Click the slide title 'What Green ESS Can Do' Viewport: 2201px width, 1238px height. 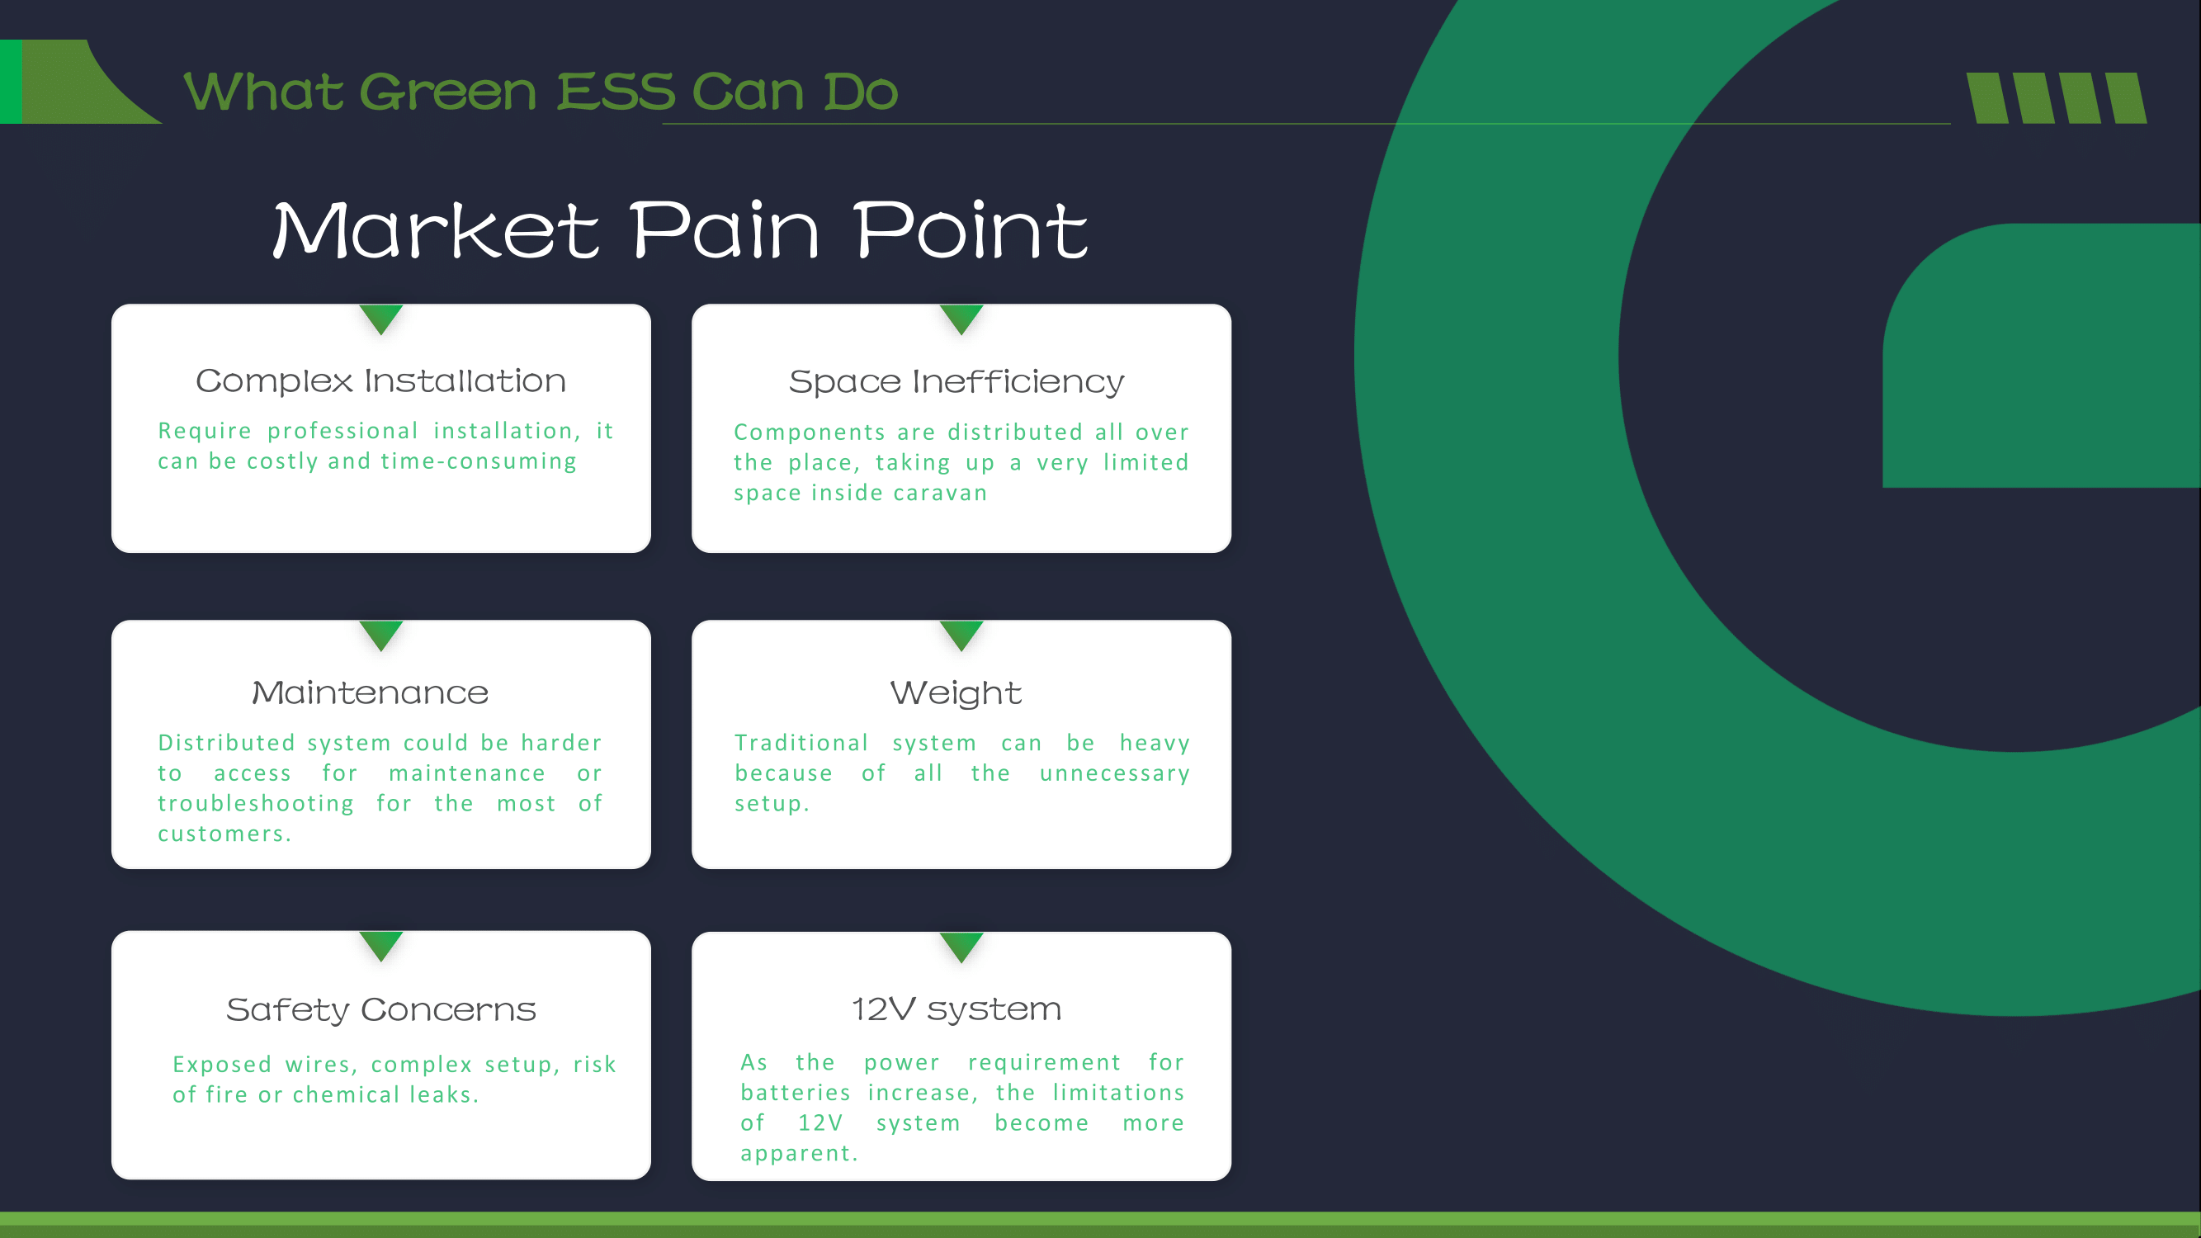tap(541, 92)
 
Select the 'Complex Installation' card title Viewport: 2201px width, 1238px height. tap(381, 380)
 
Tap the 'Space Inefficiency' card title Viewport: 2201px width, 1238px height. tap(956, 382)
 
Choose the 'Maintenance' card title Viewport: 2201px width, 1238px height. tap(370, 692)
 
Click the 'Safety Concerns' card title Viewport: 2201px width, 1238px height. tap(381, 1010)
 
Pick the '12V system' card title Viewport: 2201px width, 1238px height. tap(956, 1009)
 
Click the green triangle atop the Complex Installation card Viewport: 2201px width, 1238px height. tap(381, 318)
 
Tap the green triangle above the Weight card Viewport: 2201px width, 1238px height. tap(961, 634)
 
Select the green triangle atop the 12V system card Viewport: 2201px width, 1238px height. tap(961, 946)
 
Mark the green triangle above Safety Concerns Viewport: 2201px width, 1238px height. tap(381, 945)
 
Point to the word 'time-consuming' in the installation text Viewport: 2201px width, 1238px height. tap(479, 461)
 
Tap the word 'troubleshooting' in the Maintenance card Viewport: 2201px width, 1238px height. tap(256, 805)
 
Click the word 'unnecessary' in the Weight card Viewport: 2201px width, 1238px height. tap(1114, 774)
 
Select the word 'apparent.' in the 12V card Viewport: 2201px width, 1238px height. tap(799, 1155)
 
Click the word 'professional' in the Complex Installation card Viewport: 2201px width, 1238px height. tap(342, 431)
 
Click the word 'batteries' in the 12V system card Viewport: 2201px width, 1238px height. tap(795, 1093)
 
